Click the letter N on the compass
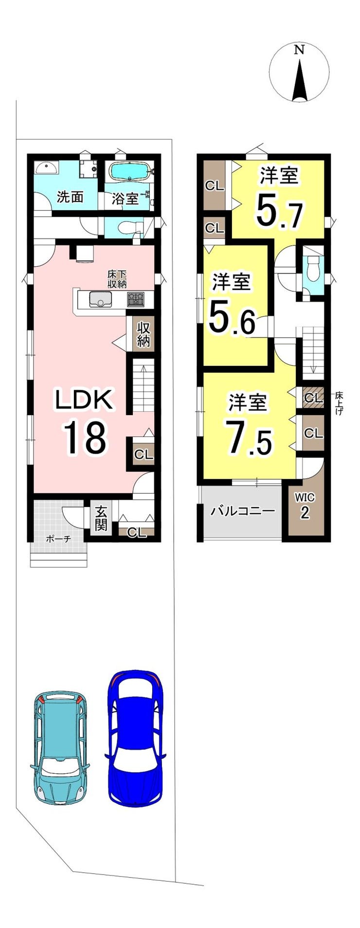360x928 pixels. (300, 50)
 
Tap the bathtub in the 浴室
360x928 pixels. (129, 171)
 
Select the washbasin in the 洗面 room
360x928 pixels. (46, 168)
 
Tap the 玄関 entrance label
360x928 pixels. (101, 519)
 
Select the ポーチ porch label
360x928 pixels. (59, 538)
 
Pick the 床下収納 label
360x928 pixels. (117, 279)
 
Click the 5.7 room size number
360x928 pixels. (279, 211)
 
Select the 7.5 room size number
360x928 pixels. (248, 438)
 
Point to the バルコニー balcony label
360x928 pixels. (243, 511)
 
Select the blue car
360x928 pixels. (135, 738)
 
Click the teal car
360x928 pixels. (60, 747)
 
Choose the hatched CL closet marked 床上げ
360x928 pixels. (313, 398)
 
